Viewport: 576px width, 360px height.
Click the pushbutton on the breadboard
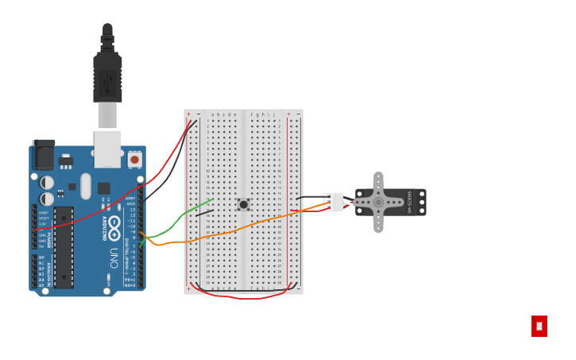(x=243, y=204)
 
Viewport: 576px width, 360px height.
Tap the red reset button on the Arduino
(x=134, y=160)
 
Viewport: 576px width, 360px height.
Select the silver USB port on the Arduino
(x=107, y=149)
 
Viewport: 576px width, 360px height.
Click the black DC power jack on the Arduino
(x=44, y=155)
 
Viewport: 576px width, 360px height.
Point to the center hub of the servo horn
(x=378, y=202)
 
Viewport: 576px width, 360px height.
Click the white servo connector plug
(x=335, y=202)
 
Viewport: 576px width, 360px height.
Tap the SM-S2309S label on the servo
(x=410, y=202)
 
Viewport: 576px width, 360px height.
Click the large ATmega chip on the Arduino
(x=64, y=247)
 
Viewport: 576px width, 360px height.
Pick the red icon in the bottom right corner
(x=539, y=326)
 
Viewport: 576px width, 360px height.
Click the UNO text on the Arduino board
(x=114, y=257)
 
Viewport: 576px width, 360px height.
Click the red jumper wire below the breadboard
(x=246, y=297)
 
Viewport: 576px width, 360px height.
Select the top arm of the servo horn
(x=378, y=182)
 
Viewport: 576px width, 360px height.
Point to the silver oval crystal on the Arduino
(x=86, y=186)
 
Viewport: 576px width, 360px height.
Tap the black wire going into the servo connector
(x=310, y=197)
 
